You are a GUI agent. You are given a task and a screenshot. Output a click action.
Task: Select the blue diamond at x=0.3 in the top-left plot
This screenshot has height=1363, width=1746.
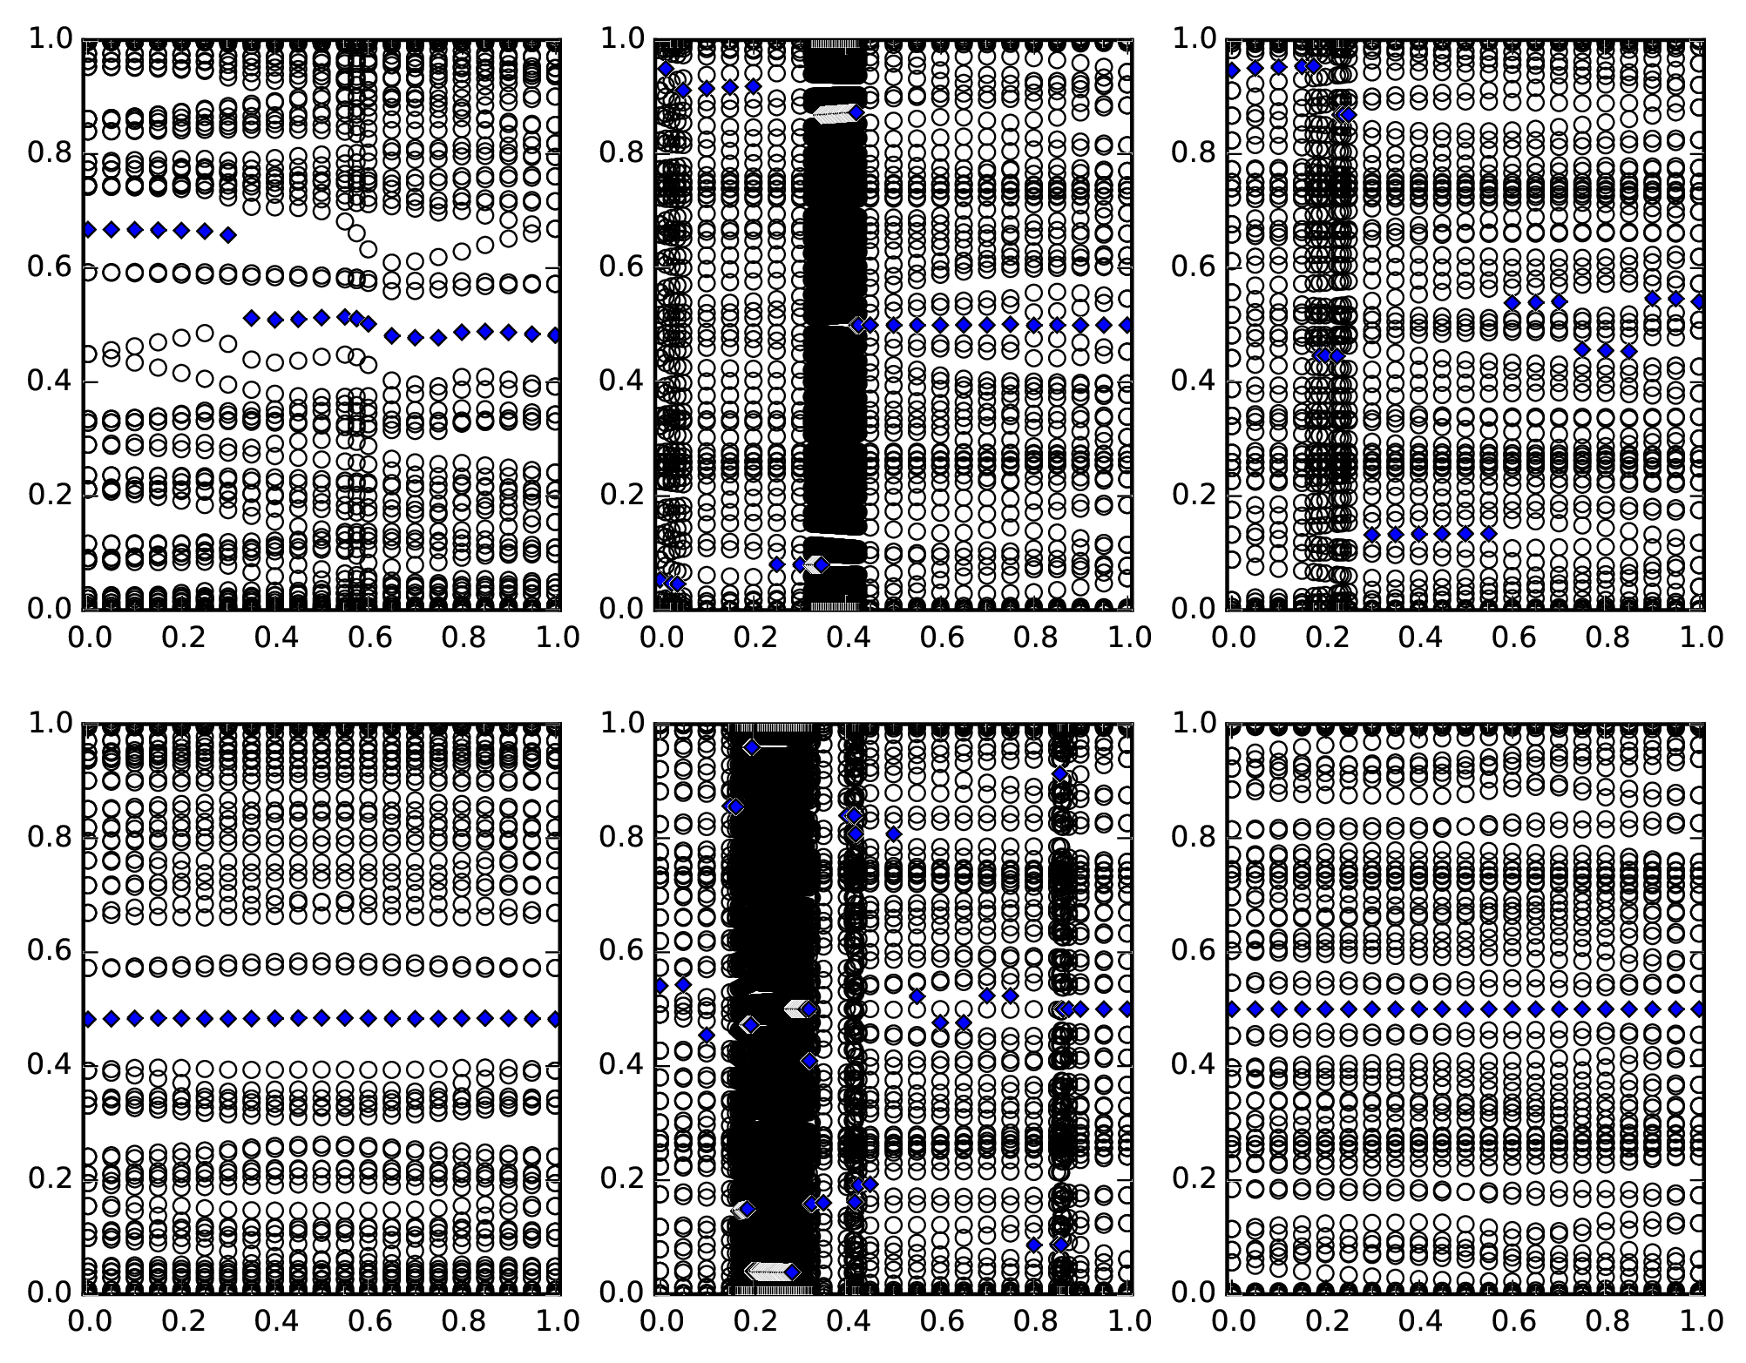[228, 234]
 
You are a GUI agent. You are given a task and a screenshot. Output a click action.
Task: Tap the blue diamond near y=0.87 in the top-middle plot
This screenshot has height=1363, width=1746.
[857, 112]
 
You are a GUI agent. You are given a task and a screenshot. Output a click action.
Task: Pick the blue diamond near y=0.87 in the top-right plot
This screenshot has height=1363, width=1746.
[1349, 115]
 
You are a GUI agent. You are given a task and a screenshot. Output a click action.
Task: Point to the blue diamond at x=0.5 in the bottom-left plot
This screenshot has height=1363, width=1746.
[321, 1017]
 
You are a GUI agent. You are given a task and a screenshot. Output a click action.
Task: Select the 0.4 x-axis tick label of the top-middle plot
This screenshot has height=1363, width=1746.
[846, 638]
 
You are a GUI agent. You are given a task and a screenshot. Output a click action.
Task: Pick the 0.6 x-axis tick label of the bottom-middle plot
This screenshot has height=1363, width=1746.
[940, 1321]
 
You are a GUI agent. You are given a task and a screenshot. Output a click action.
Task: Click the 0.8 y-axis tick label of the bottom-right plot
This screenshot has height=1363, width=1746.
[1194, 838]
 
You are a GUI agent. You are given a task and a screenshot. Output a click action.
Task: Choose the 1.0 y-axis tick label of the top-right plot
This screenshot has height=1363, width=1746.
[1194, 39]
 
